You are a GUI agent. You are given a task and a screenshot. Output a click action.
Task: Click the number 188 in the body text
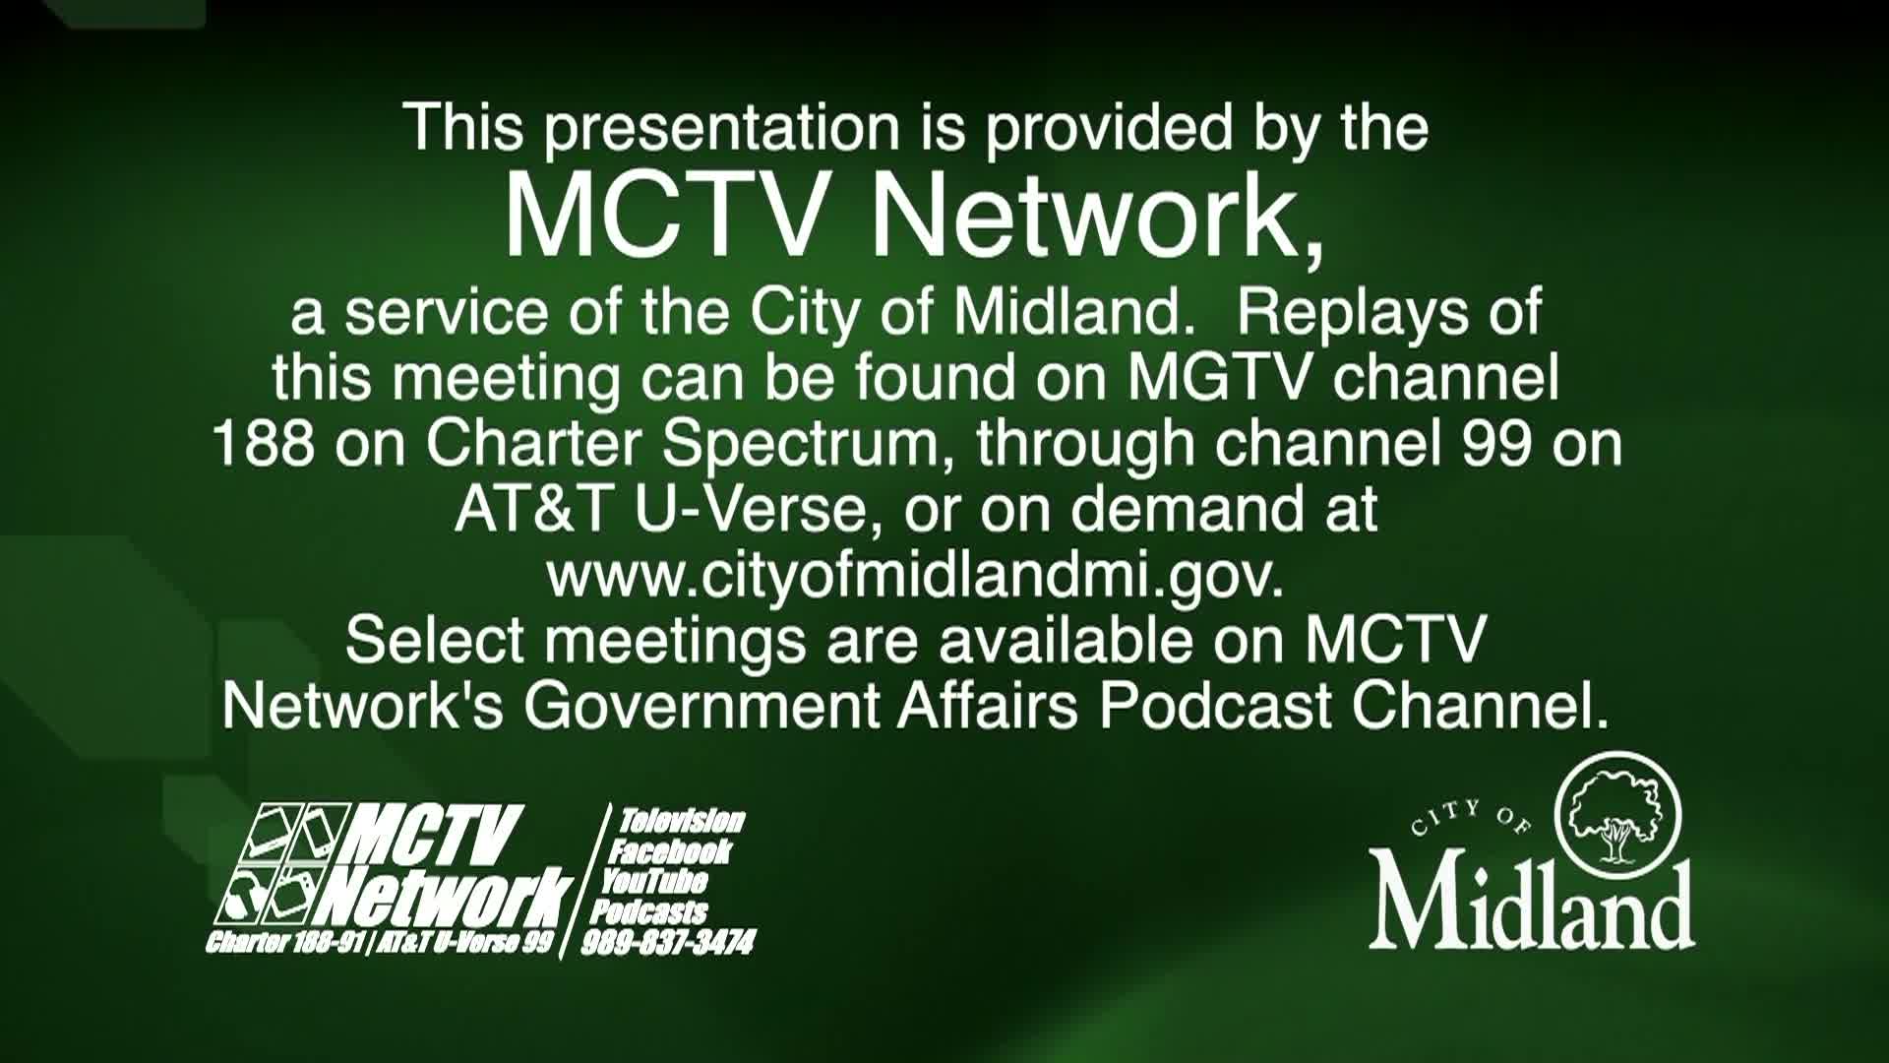point(263,444)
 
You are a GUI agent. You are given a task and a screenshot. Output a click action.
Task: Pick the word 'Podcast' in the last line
point(1215,706)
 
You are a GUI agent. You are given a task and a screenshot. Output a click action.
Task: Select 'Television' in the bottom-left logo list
point(682,821)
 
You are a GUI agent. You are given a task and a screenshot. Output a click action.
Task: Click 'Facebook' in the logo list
point(670,851)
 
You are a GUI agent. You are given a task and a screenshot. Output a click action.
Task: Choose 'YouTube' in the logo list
point(654,881)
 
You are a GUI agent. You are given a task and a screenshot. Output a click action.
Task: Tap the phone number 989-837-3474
point(668,943)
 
